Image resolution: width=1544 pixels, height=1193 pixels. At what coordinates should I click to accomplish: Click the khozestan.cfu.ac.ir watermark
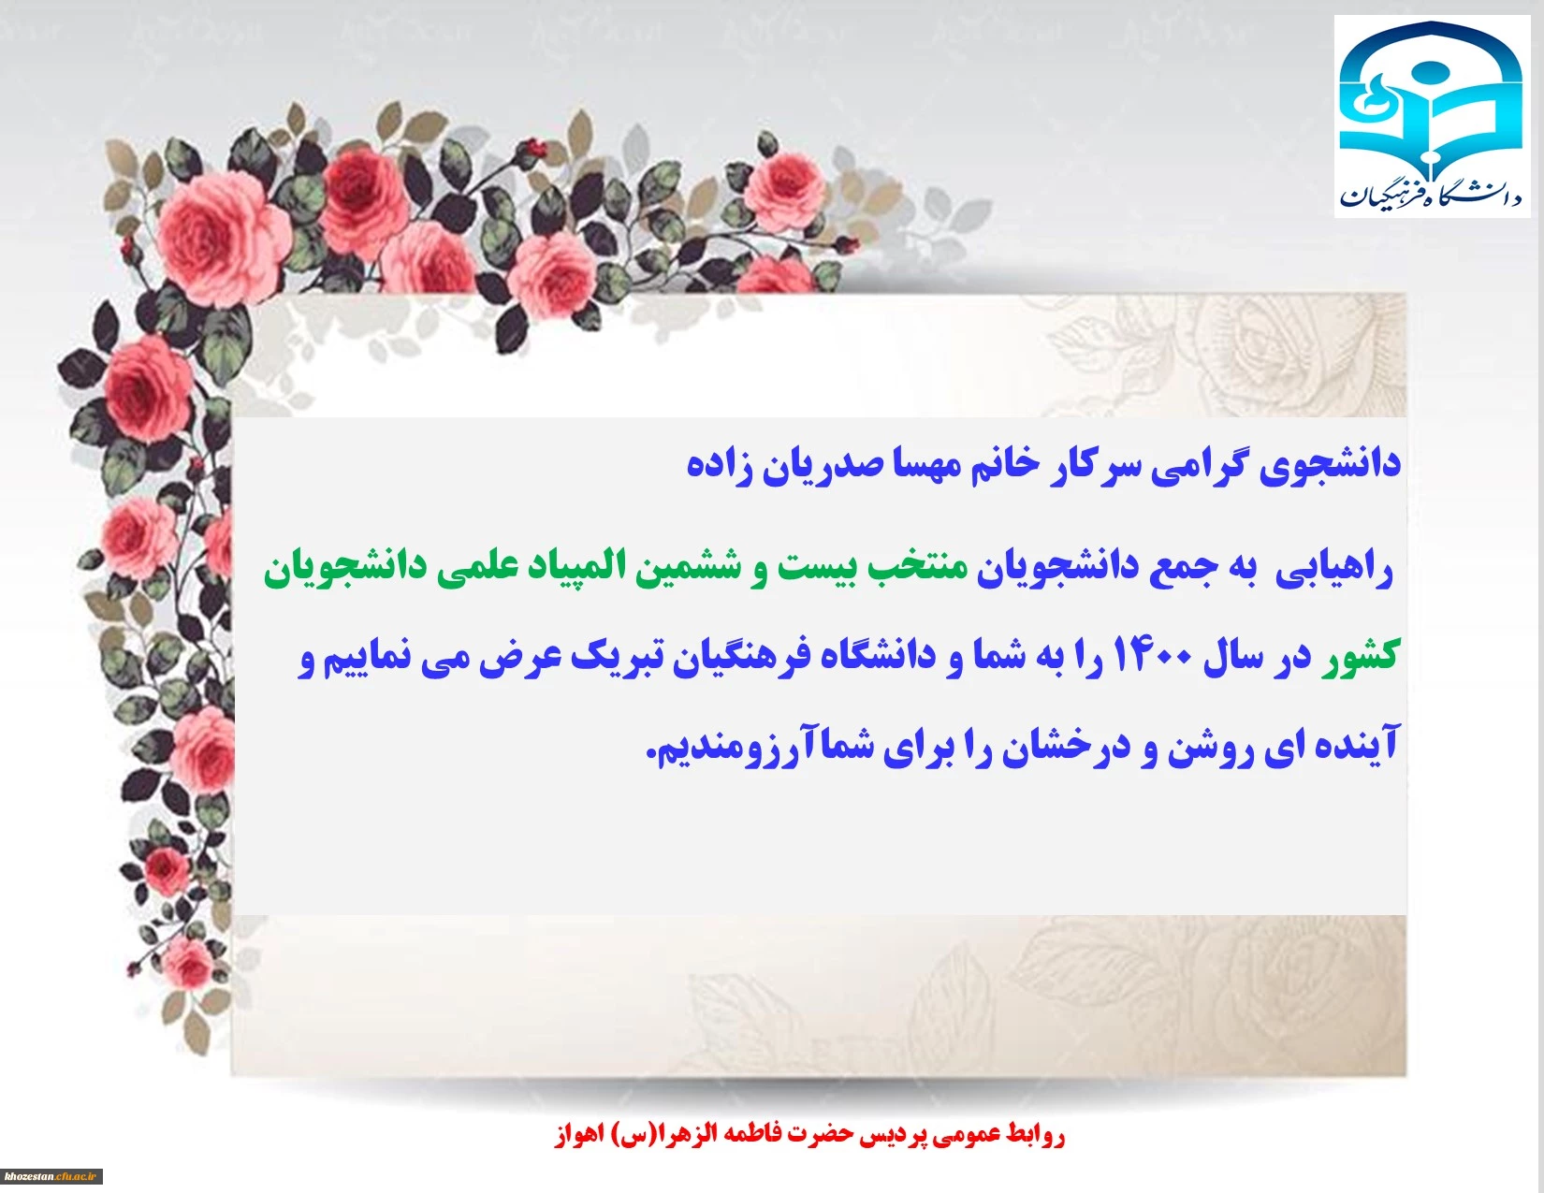pos(51,1176)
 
